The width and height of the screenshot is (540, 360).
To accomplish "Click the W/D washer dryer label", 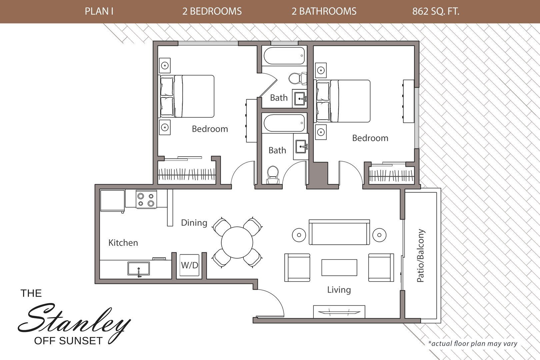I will coord(189,265).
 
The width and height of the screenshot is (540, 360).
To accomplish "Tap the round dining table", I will coord(237,242).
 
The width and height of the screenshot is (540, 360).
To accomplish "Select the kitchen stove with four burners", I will coord(146,199).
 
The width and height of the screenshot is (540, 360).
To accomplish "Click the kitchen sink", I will coord(139,268).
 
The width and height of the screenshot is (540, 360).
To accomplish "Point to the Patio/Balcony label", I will coord(421,255).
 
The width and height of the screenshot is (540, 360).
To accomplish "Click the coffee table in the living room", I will coord(339,267).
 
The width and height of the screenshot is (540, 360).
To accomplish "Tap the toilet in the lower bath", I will coord(273,174).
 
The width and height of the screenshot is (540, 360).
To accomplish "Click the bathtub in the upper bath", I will coord(284,55).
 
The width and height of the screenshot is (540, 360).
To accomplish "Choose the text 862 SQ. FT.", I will coord(436,11).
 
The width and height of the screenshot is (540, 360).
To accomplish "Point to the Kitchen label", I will coord(123,243).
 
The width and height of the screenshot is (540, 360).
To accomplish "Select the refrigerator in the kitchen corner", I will coord(112,201).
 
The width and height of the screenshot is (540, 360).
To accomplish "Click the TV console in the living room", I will coord(339,312).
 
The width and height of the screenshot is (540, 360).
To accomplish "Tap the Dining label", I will coord(194,223).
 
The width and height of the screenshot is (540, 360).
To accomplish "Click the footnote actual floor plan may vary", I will coord(472,343).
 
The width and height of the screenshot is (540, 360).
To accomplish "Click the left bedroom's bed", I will coord(187,96).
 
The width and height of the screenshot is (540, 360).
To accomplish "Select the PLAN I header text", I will coord(99,11).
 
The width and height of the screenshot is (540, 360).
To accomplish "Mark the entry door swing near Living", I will coord(271,303).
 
